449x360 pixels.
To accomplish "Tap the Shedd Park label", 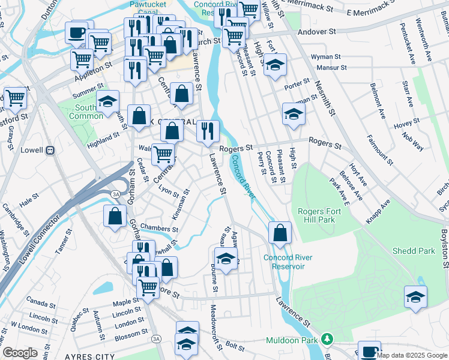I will click(x=414, y=251).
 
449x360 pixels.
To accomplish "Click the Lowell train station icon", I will click(x=52, y=150).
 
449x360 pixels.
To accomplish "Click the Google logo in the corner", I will click(x=19, y=353).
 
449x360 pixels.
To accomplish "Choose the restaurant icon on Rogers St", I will click(x=208, y=130).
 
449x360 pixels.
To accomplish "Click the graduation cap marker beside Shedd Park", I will click(x=415, y=297).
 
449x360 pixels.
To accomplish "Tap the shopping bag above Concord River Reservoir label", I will click(x=279, y=233).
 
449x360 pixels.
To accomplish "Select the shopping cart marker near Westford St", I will click(x=15, y=98).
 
